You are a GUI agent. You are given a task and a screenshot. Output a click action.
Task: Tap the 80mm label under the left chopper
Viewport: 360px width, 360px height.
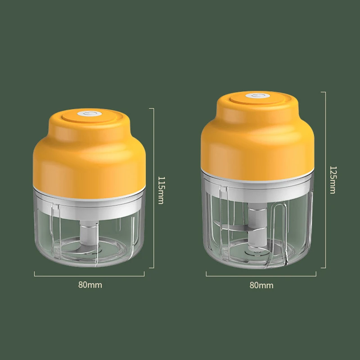(x=90, y=284)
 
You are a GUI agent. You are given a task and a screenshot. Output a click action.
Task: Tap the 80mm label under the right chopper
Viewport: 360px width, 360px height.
(x=261, y=285)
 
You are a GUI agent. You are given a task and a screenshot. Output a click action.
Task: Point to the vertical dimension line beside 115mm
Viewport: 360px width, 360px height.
(x=154, y=189)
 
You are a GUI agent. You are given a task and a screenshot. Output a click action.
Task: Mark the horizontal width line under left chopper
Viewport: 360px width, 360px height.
(x=90, y=273)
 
